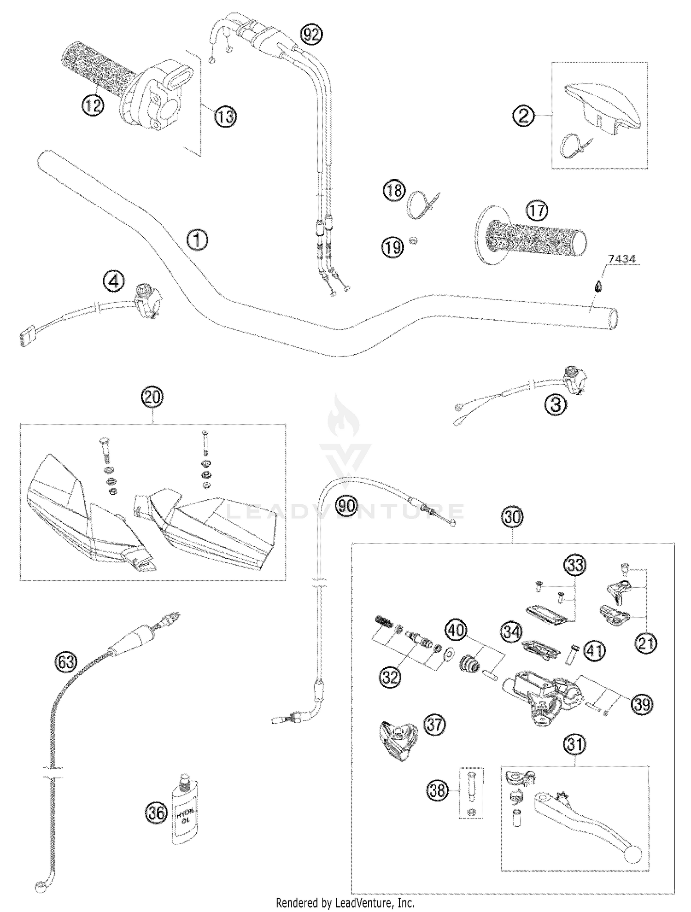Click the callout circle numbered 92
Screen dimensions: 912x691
(x=311, y=34)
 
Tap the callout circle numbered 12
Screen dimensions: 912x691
(x=93, y=105)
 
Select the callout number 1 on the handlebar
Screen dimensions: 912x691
(x=197, y=240)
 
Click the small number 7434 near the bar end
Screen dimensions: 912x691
(x=621, y=260)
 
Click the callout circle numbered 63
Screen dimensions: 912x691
(x=66, y=662)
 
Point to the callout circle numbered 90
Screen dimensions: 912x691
(x=346, y=506)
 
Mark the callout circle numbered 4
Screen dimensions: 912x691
(x=113, y=281)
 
